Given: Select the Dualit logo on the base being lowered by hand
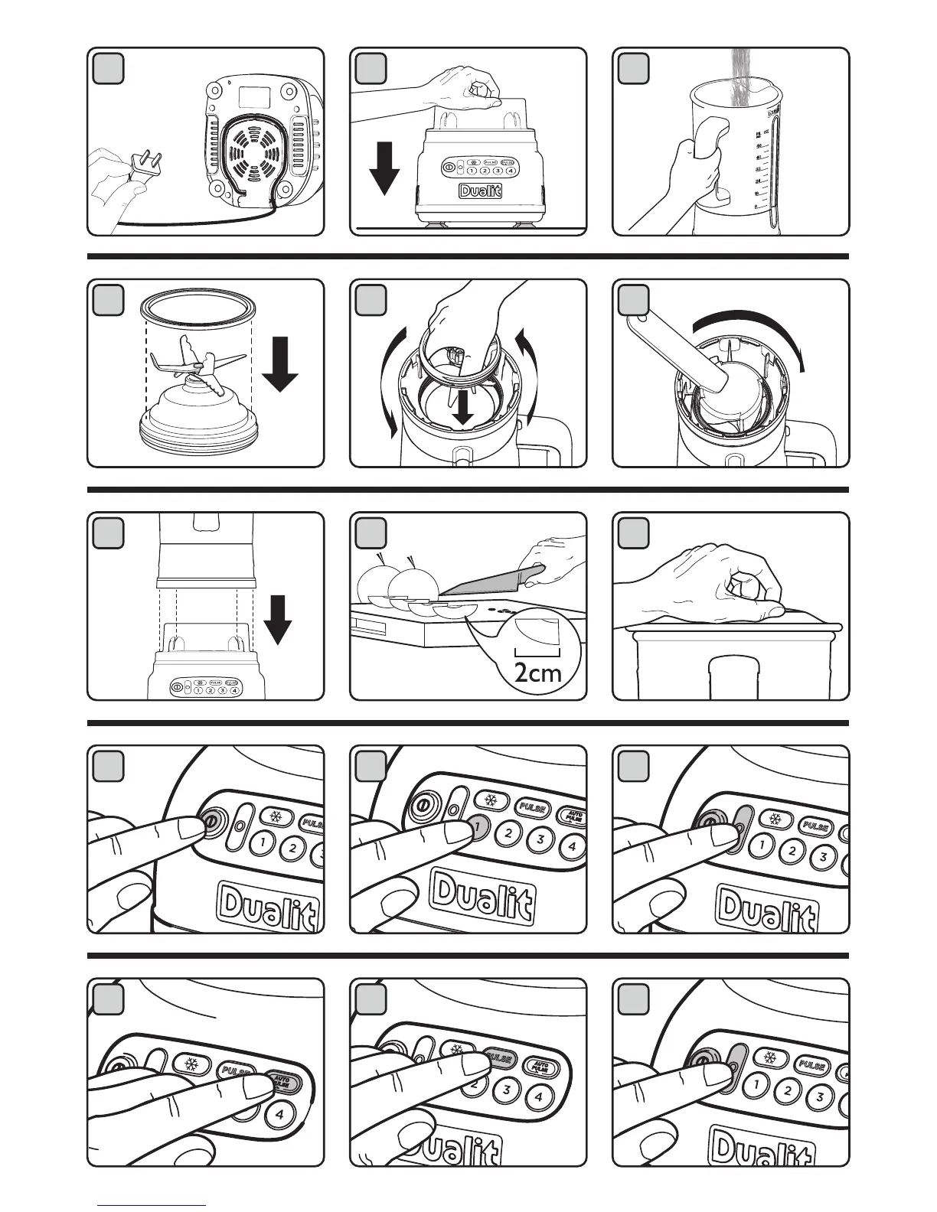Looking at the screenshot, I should (x=480, y=191).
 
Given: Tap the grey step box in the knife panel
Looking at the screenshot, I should (x=371, y=533).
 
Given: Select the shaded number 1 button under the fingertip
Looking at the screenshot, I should (x=478, y=826).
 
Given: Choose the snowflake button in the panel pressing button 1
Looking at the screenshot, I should (x=490, y=801).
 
